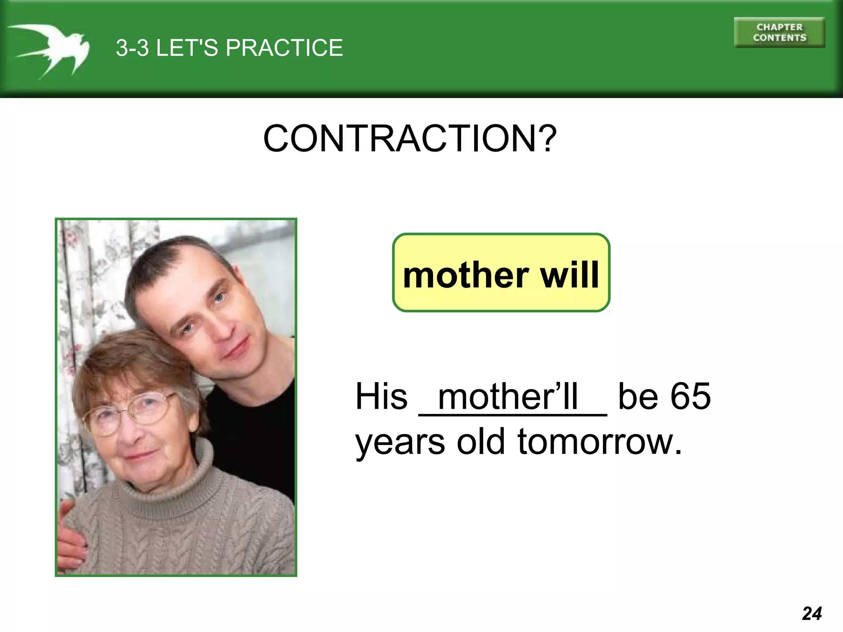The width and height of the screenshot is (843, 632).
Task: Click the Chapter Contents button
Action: (779, 33)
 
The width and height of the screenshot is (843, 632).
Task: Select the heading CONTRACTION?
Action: (410, 139)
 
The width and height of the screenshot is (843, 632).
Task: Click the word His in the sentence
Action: (381, 396)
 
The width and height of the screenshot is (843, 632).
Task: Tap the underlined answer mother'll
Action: (508, 397)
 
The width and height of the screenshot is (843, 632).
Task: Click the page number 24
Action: (811, 613)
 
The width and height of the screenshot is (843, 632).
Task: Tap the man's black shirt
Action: (255, 436)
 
